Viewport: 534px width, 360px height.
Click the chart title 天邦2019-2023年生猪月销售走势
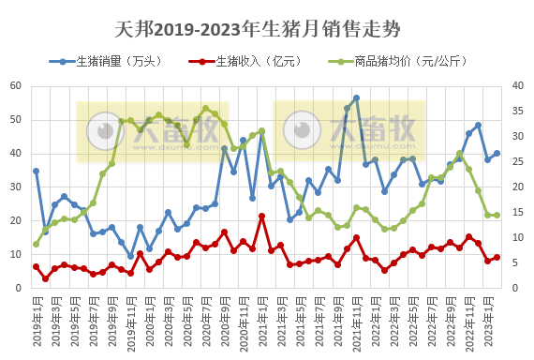[257, 29]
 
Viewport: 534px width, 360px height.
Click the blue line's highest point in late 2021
[356, 97]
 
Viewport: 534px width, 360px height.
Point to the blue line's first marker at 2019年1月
[36, 171]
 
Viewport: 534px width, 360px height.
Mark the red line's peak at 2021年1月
[261, 217]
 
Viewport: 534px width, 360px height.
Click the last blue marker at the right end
[497, 154]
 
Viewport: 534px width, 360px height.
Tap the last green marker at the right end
[497, 215]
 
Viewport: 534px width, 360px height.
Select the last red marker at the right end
[497, 257]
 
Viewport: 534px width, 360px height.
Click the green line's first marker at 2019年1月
[36, 244]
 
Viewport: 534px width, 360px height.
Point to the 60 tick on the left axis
[16, 86]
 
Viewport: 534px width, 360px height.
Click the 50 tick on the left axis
[16, 120]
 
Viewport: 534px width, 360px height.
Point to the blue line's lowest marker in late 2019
[130, 256]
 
